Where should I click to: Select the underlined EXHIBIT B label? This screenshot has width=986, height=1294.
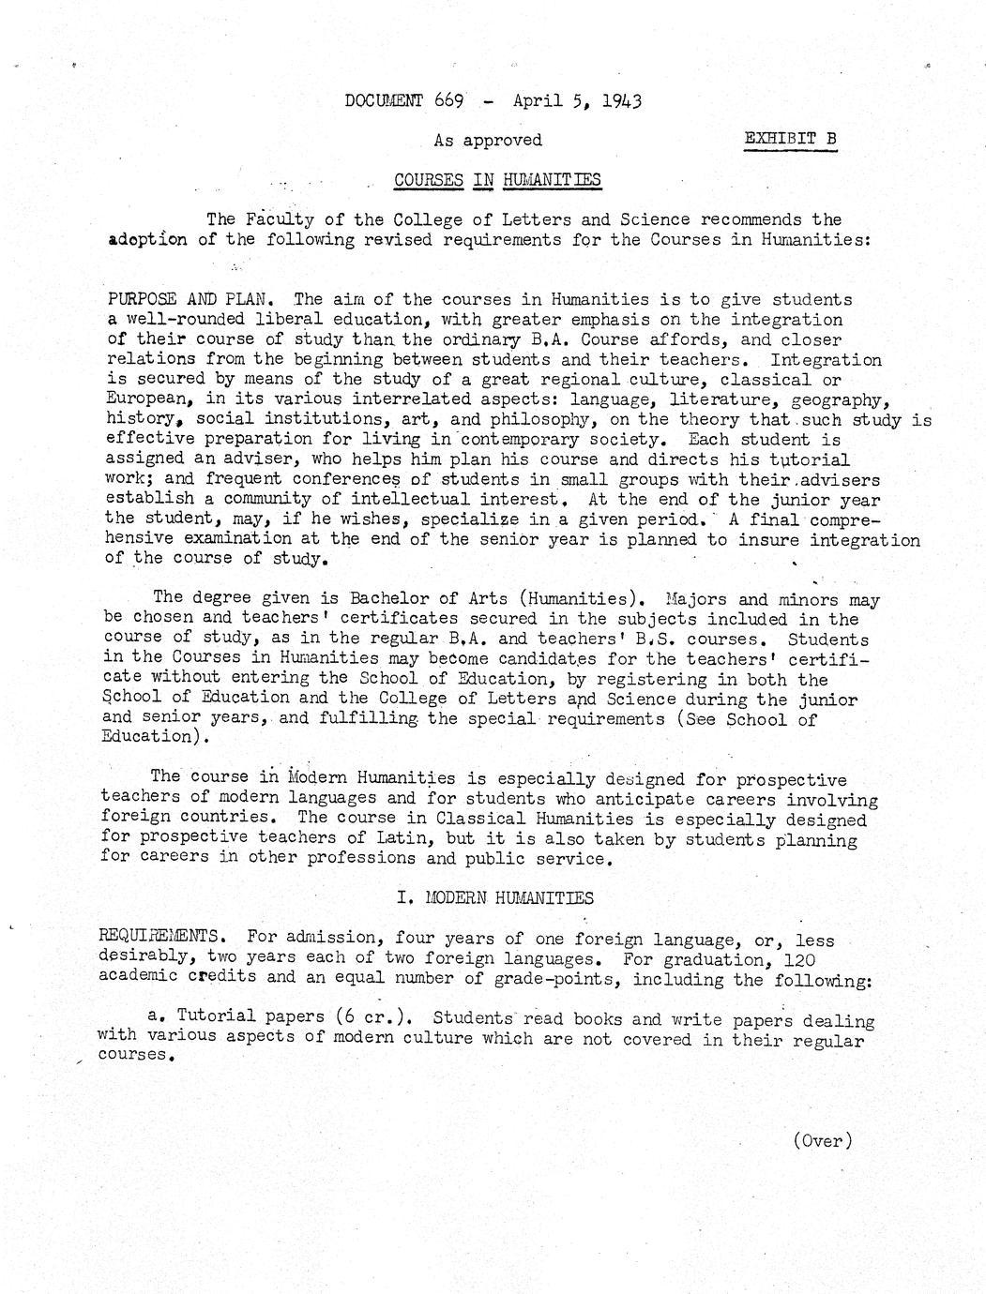pyautogui.click(x=790, y=140)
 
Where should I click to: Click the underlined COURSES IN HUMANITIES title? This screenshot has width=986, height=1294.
pyautogui.click(x=497, y=179)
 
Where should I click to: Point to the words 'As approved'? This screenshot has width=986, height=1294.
pyautogui.click(x=488, y=140)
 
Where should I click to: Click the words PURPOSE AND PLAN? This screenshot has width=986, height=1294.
pyautogui.click(x=190, y=300)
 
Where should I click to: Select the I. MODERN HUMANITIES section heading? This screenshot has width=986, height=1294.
pyautogui.click(x=495, y=897)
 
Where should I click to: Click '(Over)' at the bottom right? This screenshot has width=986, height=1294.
pyautogui.click(x=823, y=1140)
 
